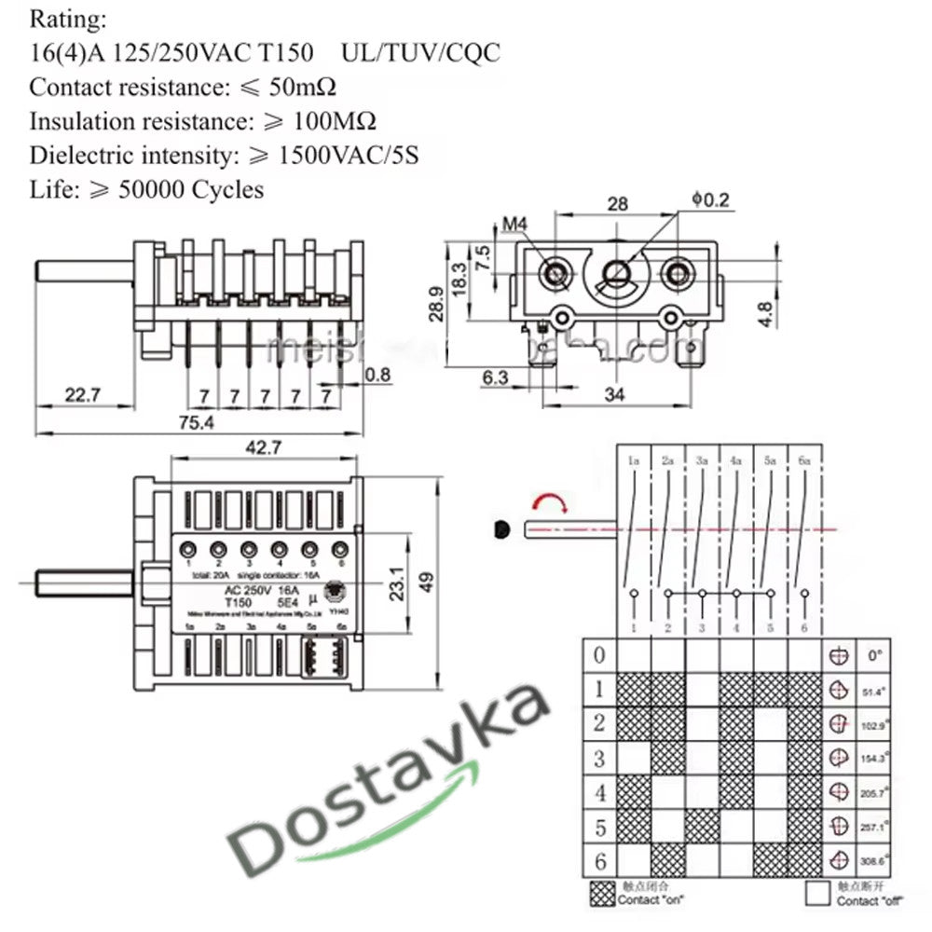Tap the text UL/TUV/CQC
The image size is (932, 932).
[420, 52]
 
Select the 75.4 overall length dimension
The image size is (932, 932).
[197, 422]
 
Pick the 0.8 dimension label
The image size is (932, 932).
[378, 376]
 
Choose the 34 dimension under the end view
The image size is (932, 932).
[615, 394]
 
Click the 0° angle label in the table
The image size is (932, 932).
[874, 655]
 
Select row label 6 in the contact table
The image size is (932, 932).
[599, 859]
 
